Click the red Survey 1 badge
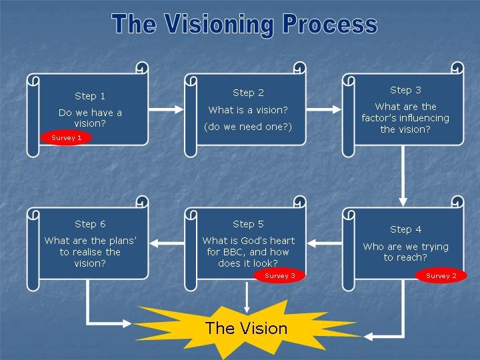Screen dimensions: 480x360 pyautogui.click(x=66, y=138)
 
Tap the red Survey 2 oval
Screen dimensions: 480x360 pyautogui.click(x=441, y=275)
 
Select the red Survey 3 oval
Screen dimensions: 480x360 pyautogui.click(x=280, y=275)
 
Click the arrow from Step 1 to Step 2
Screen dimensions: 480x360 pyautogui.click(x=166, y=109)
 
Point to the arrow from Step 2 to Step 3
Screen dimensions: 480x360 pyautogui.click(x=323, y=109)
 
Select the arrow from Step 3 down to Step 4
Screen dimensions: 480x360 pyautogui.click(x=403, y=176)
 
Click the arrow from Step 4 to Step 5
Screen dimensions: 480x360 pyautogui.click(x=324, y=243)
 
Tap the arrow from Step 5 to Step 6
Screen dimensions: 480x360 pyautogui.click(x=167, y=243)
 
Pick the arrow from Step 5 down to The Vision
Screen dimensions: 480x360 pyautogui.click(x=247, y=297)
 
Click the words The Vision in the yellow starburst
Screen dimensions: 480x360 pyautogui.click(x=247, y=328)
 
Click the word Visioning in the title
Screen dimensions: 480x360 pyautogui.click(x=219, y=25)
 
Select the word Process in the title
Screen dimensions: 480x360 pyautogui.click(x=330, y=24)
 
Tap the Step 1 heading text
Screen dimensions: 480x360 pyautogui.click(x=90, y=96)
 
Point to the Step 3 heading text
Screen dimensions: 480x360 pyautogui.click(x=405, y=90)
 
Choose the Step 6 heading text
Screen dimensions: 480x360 pyautogui.click(x=90, y=224)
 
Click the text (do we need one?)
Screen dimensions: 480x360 pyautogui.click(x=248, y=127)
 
